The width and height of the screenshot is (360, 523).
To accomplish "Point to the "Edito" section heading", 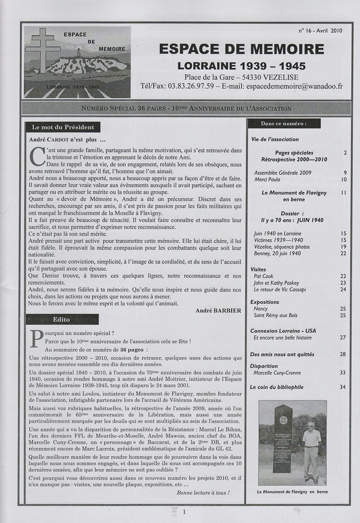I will (x=61, y=319).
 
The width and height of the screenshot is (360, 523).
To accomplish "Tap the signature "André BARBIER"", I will (x=218, y=310).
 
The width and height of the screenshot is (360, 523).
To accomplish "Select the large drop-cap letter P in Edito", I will (x=35, y=338).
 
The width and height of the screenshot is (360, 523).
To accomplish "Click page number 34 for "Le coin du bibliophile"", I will (x=343, y=387).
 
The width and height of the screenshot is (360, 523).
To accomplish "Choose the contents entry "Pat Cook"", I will (x=264, y=276).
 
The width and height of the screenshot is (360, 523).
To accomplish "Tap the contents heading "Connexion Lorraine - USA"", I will (x=283, y=330).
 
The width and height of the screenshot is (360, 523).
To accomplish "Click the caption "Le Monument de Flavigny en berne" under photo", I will (x=293, y=492).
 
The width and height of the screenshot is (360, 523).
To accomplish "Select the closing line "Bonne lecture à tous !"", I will (x=203, y=493).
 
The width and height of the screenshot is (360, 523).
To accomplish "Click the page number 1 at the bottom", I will (x=184, y=512).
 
